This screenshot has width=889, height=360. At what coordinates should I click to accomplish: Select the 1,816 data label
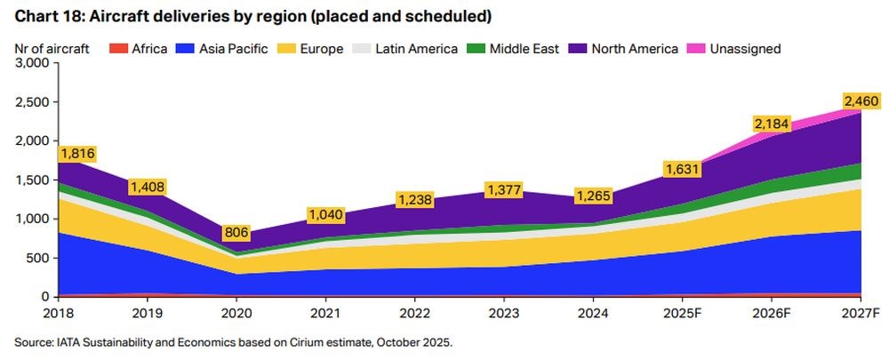pyautogui.click(x=77, y=154)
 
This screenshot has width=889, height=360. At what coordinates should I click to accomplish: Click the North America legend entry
pyautogui.click(x=626, y=49)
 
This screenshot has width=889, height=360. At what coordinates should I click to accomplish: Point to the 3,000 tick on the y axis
pyautogui.click(x=33, y=63)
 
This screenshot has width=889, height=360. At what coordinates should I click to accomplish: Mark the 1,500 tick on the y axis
pyautogui.click(x=33, y=180)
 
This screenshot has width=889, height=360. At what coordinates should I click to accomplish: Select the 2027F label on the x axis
pyautogui.click(x=860, y=314)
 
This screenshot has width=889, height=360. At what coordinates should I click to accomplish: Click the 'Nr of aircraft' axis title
pyautogui.click(x=52, y=49)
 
